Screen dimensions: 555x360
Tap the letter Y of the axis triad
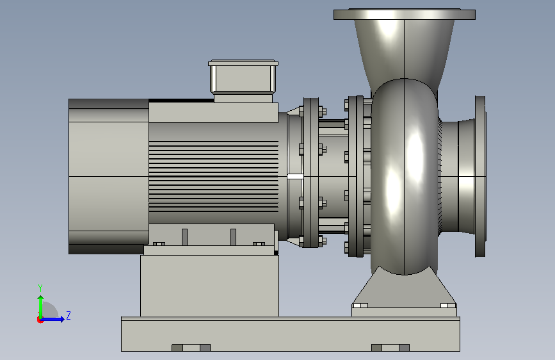(40, 288)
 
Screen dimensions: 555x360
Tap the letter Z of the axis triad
(68, 315)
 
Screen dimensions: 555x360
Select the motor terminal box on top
(243, 81)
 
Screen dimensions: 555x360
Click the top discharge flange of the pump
(405, 14)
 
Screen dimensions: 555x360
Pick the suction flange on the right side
(480, 176)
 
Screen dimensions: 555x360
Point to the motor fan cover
(109, 176)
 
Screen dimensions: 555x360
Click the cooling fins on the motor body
(213, 176)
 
